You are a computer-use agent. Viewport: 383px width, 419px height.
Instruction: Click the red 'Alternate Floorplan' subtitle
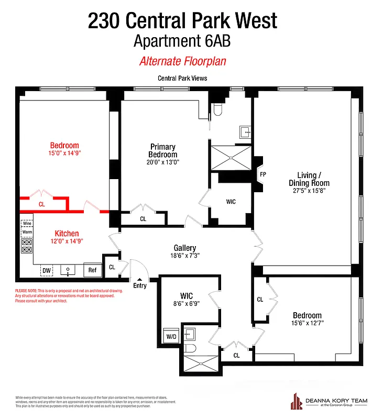point(182,61)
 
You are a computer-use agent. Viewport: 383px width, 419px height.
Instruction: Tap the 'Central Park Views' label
point(182,79)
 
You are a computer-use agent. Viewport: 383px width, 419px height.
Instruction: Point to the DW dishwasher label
point(46,270)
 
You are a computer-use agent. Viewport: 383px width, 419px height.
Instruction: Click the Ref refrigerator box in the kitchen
point(92,270)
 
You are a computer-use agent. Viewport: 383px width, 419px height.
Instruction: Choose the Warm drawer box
point(27,231)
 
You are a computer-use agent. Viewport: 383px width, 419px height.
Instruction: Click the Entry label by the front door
point(140,285)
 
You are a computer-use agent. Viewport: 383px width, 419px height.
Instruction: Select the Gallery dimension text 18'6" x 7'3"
point(185,256)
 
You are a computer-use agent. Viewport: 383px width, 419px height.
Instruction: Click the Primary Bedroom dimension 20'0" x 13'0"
point(162,162)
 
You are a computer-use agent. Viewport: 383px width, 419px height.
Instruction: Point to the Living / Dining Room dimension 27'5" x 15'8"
point(309,192)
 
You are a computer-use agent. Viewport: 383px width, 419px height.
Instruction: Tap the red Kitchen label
point(67,234)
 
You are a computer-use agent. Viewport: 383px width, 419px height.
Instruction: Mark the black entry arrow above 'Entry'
point(140,279)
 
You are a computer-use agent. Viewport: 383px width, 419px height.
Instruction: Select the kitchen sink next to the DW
point(68,270)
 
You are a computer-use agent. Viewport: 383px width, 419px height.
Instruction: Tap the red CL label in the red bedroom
point(42,204)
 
